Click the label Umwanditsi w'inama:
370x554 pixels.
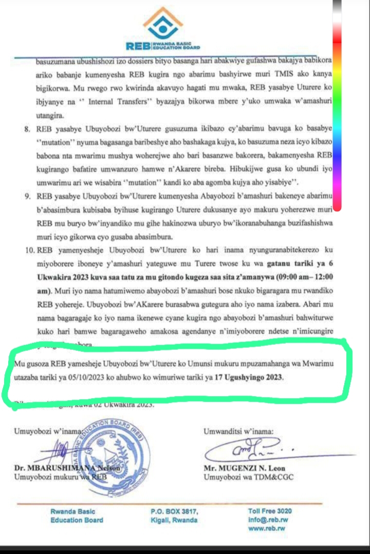pyautogui.click(x=239, y=430)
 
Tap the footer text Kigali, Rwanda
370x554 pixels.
pyautogui.click(x=174, y=520)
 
